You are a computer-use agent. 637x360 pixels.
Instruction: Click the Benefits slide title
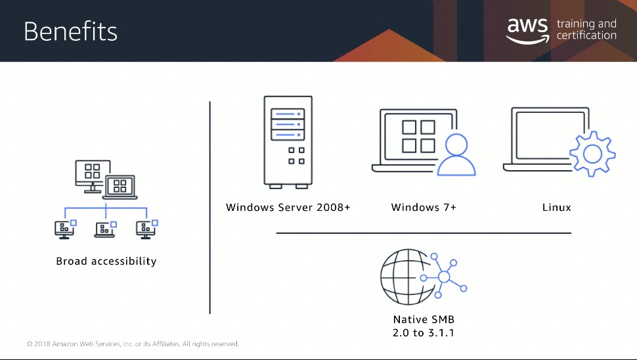click(71, 32)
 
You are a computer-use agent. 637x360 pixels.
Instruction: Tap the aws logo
click(527, 31)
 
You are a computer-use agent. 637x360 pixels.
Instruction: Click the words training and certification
click(586, 30)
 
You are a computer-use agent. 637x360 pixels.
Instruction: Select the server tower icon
click(288, 142)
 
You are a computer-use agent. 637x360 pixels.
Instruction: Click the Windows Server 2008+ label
click(288, 207)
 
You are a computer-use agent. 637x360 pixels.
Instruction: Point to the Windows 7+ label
click(424, 207)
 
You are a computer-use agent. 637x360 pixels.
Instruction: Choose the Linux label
click(557, 207)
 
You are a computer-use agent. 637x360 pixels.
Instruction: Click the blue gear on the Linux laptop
click(592, 154)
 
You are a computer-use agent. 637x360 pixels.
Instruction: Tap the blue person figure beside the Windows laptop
click(456, 154)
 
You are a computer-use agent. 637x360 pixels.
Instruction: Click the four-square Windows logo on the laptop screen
click(418, 137)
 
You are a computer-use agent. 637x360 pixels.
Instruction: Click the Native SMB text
click(424, 319)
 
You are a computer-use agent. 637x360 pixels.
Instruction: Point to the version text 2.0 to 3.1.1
click(424, 333)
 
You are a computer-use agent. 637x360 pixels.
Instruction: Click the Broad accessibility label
click(106, 261)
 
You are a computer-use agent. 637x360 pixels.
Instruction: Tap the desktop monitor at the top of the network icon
click(93, 175)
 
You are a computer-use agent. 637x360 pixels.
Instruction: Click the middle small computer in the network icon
click(105, 229)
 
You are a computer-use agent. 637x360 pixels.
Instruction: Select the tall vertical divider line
click(210, 208)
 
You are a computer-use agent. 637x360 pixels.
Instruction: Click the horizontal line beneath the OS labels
click(424, 233)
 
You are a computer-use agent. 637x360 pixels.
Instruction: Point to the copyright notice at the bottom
click(133, 344)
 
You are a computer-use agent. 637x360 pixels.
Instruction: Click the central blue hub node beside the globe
click(444, 277)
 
